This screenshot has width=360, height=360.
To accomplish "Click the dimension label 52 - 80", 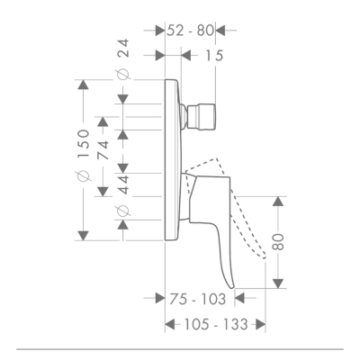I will (190, 31).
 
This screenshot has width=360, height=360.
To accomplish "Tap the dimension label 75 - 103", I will (197, 300).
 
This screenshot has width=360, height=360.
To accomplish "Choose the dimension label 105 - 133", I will (211, 326).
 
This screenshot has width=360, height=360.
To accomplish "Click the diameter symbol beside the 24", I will (123, 77).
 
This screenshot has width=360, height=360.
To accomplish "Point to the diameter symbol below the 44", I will (123, 212).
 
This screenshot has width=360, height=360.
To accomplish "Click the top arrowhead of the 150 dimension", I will (83, 85).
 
